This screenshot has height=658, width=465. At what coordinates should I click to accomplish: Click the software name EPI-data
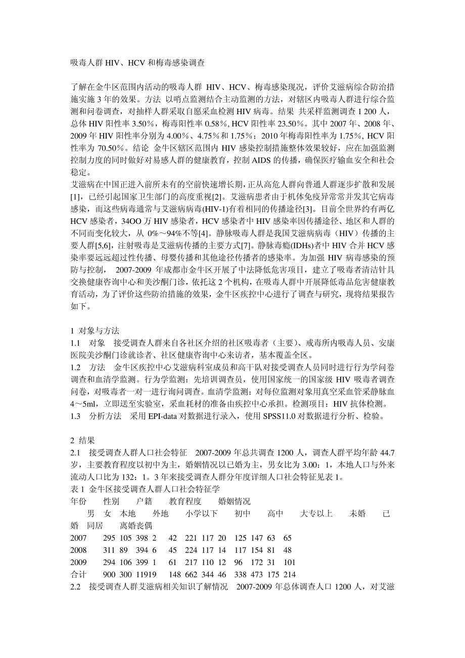tap(165, 416)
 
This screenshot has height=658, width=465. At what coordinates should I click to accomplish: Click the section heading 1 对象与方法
tap(95, 331)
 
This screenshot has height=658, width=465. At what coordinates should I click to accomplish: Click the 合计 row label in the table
tap(79, 575)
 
